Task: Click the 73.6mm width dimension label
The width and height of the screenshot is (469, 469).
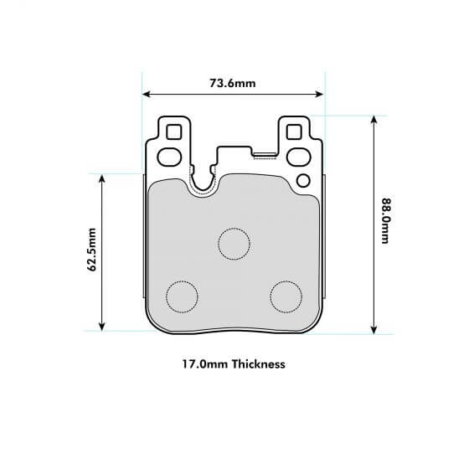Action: [233, 83]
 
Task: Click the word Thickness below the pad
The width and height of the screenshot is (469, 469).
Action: [259, 364]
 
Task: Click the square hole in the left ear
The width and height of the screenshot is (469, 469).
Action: [173, 132]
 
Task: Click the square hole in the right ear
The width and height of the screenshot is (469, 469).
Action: [294, 132]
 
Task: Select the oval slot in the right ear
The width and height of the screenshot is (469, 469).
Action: [298, 155]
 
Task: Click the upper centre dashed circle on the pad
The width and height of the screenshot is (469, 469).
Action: [234, 243]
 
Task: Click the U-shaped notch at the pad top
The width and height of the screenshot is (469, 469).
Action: [202, 180]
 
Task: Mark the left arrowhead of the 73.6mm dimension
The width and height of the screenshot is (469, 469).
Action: [147, 95]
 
